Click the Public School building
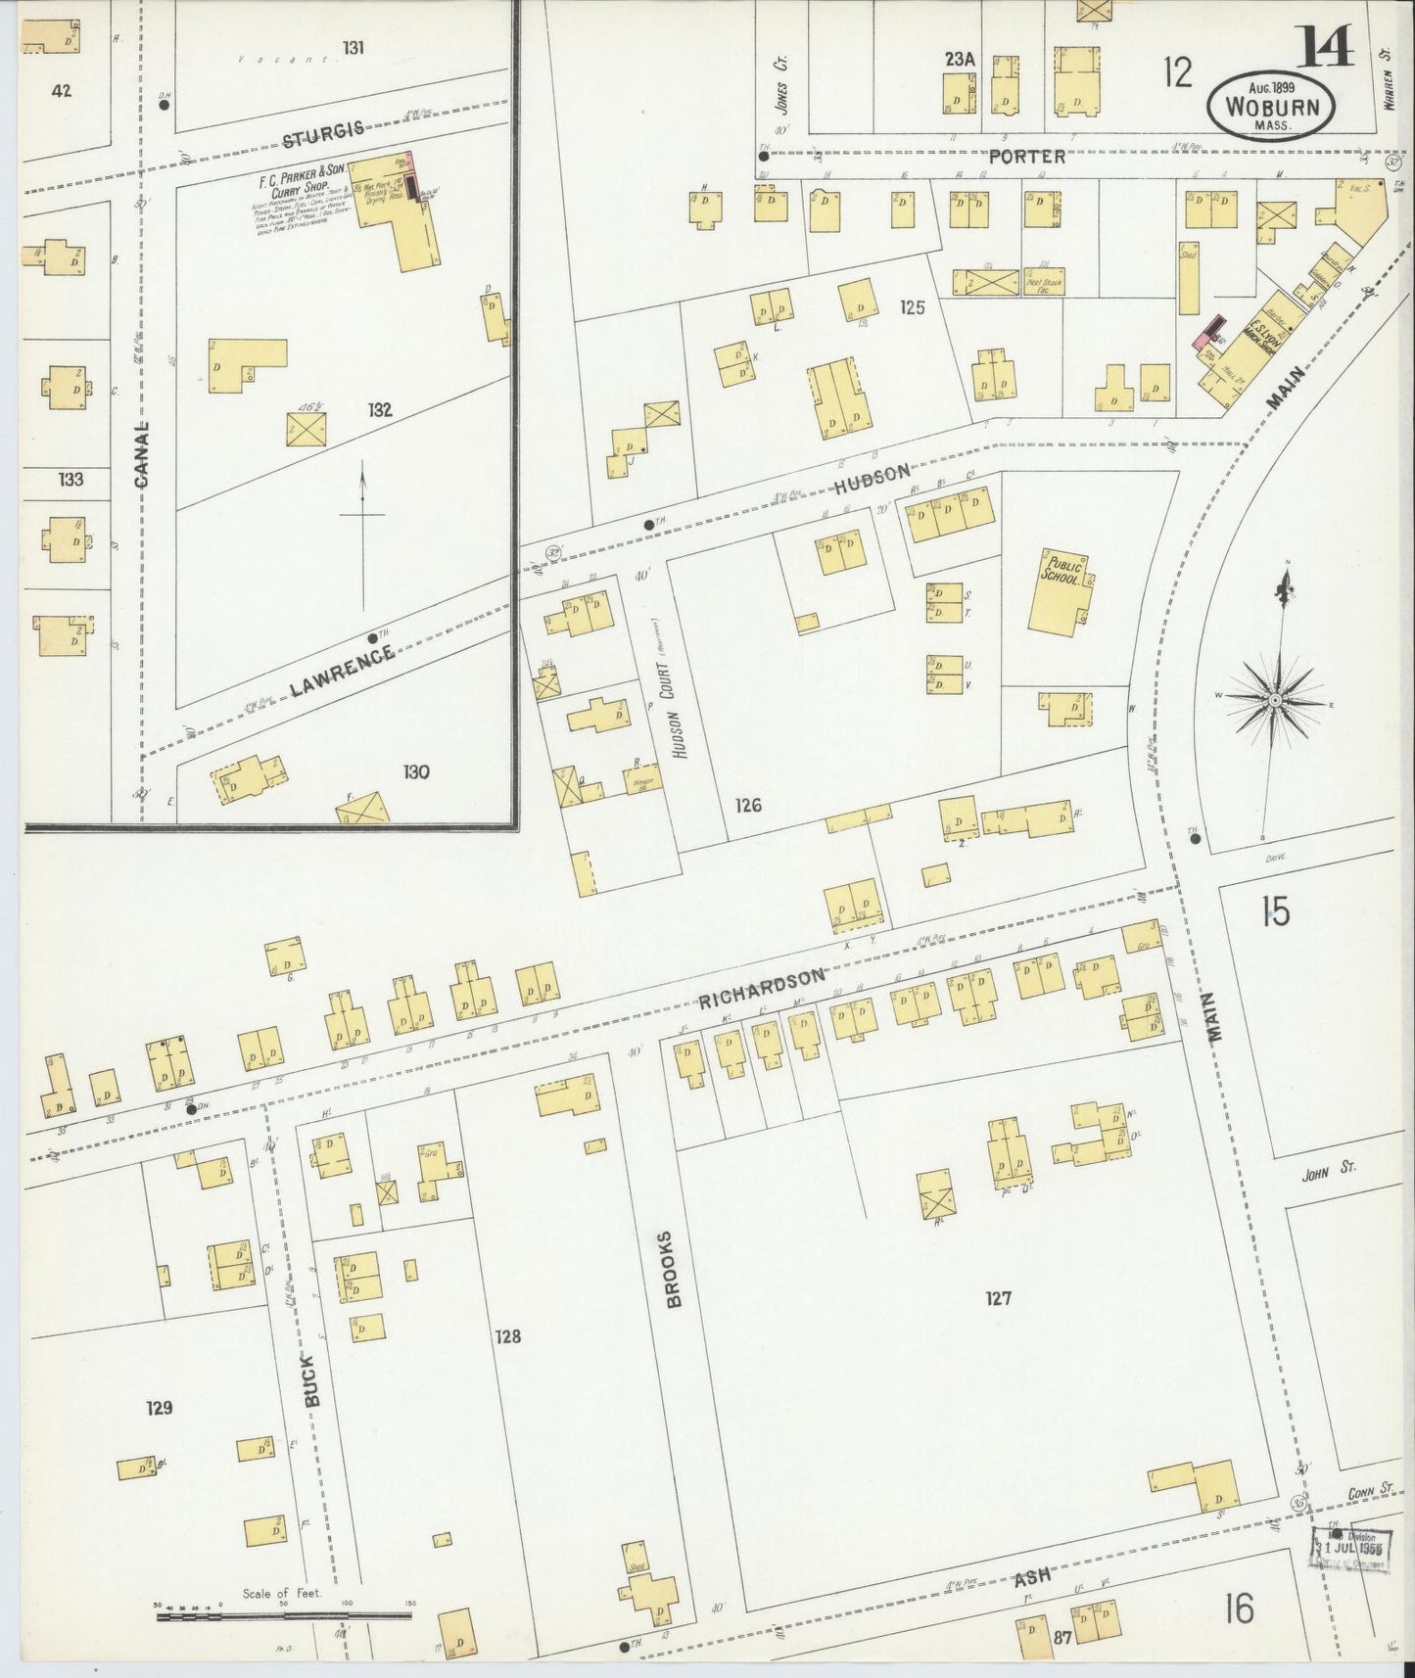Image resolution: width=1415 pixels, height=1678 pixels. [x=1060, y=591]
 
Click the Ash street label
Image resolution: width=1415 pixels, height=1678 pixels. [x=1031, y=1575]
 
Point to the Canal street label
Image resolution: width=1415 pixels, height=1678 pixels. [x=142, y=454]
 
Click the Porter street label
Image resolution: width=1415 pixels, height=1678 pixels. [x=1026, y=156]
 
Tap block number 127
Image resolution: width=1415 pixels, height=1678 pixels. [x=998, y=1299]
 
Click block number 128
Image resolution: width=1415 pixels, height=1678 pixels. [x=507, y=1336]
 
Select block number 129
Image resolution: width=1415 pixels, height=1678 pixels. [x=159, y=1408]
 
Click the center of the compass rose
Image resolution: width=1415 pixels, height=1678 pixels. [x=1275, y=701]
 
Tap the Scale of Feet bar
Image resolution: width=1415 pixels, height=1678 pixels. [x=284, y=1611]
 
